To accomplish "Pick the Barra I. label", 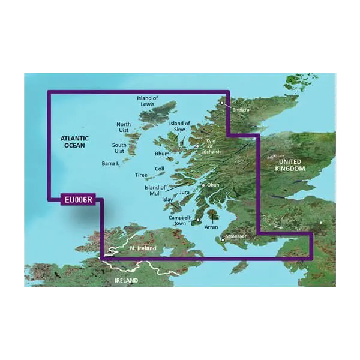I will click(x=109, y=163).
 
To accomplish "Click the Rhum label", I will click(x=163, y=154).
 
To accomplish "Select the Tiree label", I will click(x=141, y=176).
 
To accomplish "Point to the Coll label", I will click(x=160, y=169).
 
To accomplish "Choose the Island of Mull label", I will click(x=155, y=190).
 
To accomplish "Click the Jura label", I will click(x=184, y=193).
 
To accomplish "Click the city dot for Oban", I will click(x=203, y=185).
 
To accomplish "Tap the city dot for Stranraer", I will click(x=223, y=240).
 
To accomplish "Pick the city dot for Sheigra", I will click(x=221, y=103).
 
